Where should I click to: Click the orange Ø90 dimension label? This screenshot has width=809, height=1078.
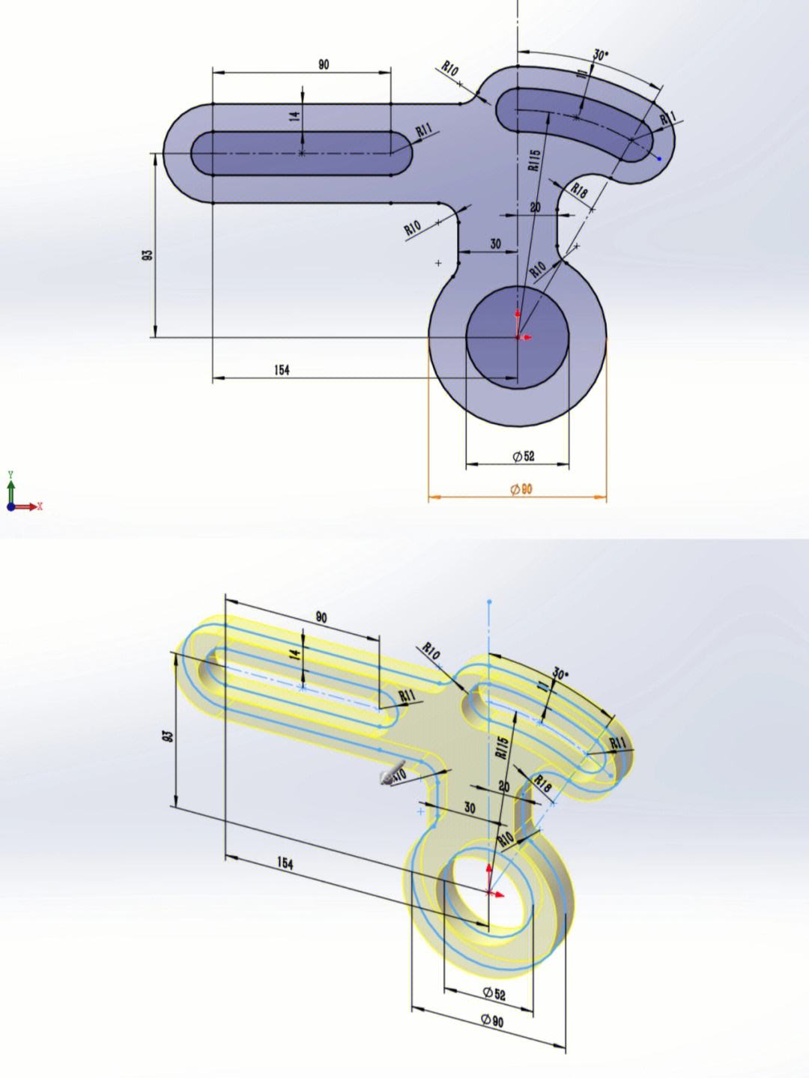coord(521,489)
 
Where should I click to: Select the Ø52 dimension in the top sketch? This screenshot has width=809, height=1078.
coord(524,456)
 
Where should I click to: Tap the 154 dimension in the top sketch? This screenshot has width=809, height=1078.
coord(282,369)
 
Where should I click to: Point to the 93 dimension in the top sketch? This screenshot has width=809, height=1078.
coord(148,255)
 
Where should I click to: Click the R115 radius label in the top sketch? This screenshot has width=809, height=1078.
coord(533,160)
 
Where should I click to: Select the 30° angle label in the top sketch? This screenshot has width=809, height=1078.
coord(601,55)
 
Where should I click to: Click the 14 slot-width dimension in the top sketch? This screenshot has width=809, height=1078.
coord(295,115)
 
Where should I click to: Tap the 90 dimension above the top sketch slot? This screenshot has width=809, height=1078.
coord(323,64)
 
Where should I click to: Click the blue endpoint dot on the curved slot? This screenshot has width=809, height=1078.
coord(659,158)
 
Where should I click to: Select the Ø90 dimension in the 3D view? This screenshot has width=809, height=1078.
coord(492,1020)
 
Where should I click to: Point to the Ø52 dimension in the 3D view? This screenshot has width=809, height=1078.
coord(494,993)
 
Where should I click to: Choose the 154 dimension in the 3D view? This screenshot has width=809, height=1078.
coord(285,864)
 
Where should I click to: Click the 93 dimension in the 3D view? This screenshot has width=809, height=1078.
coord(169,736)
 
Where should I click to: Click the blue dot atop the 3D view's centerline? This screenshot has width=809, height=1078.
coord(489,602)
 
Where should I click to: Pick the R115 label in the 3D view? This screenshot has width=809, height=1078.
coord(503,747)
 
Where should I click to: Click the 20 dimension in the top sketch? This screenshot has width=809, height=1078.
coord(535,207)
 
